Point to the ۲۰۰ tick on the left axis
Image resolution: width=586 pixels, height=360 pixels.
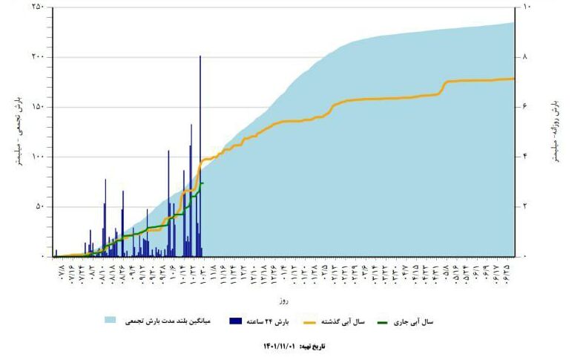tap(37, 57)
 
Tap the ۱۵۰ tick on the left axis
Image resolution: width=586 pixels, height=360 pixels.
tap(37, 107)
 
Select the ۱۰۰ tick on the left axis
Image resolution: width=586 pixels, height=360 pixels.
tap(37, 157)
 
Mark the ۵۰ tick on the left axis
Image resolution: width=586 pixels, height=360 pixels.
tap(39, 206)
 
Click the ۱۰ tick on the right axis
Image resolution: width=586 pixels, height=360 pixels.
tap(527, 7)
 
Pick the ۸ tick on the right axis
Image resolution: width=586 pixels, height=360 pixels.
tap(526, 57)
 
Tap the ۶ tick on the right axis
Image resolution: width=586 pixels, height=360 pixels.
tap(526, 107)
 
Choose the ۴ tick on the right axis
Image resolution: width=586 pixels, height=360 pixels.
tap(526, 157)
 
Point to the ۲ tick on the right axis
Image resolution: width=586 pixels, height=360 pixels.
tap(526, 206)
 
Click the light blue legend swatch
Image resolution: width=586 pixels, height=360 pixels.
tap(111, 321)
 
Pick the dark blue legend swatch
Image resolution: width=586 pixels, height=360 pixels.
tap(237, 321)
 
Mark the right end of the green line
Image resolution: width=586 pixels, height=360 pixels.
tap(203, 183)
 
